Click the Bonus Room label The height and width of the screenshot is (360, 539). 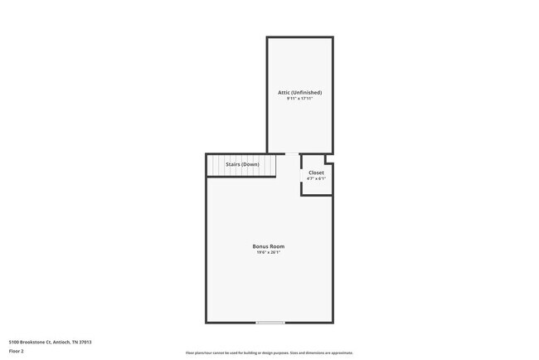click(x=269, y=246)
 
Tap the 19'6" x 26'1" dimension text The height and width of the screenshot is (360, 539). click(x=269, y=252)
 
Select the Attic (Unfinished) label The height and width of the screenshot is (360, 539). click(x=299, y=92)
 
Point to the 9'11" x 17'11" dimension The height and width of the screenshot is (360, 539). click(x=299, y=98)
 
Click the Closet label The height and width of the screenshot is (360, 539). click(x=316, y=173)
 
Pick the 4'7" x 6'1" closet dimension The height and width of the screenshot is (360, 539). click(x=316, y=178)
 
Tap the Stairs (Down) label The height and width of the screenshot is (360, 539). click(x=242, y=164)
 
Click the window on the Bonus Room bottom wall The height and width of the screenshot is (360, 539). click(x=270, y=322)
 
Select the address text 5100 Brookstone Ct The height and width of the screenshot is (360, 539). click(x=32, y=342)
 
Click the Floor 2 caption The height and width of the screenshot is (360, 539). click(x=17, y=351)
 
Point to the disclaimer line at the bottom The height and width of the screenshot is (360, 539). click(x=269, y=353)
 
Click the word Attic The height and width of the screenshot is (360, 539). click(x=283, y=92)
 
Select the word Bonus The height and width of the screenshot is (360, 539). click(x=261, y=246)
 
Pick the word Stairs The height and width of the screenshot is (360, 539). click(x=233, y=164)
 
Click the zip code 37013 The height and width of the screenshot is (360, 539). click(x=85, y=342)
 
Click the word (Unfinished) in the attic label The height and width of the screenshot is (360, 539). click(x=307, y=92)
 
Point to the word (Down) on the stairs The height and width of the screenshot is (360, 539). click(x=250, y=164)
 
